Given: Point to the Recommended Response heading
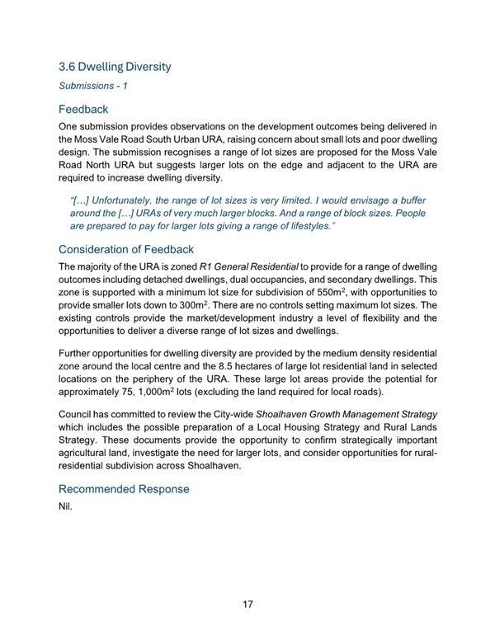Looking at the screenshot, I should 124,488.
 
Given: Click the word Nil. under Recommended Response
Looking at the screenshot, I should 66,506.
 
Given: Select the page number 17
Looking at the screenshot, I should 247,604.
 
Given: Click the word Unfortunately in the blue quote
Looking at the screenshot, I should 132,200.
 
